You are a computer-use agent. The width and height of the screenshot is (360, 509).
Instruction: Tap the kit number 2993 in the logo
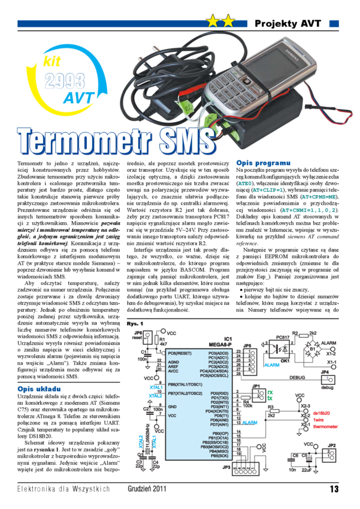(x=64, y=81)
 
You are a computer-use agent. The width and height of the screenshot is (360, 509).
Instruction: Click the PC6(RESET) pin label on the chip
(x=180, y=353)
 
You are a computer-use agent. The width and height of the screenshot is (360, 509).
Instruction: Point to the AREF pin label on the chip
(x=173, y=367)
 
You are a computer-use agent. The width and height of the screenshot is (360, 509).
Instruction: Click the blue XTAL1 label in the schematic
(x=156, y=387)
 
